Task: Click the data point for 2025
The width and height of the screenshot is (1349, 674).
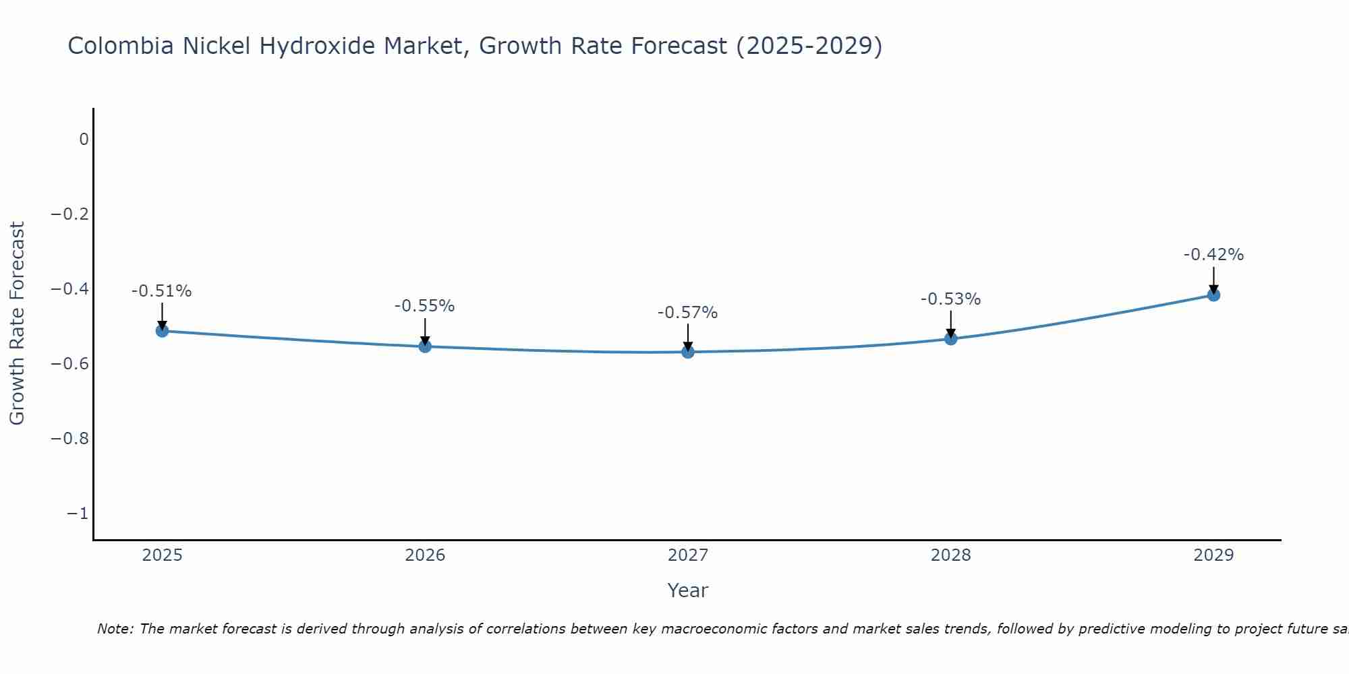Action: tap(162, 331)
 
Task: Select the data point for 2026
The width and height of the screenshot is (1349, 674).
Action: tap(425, 346)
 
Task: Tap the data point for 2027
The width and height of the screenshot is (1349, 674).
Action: tap(688, 352)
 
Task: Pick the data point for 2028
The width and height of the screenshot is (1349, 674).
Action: tap(951, 338)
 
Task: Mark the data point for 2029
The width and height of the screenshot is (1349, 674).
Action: tap(1213, 295)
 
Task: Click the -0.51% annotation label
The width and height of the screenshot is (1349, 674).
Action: tap(162, 291)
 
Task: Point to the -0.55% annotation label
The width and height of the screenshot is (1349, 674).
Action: tap(425, 306)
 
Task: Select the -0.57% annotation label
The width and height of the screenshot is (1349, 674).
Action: tap(688, 313)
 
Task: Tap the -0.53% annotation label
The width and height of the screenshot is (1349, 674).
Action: tap(951, 299)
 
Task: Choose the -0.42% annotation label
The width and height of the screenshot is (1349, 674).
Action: tap(1213, 255)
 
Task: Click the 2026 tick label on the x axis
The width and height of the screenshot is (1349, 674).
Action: tap(425, 555)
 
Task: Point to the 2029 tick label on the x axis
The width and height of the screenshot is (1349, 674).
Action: tap(1213, 555)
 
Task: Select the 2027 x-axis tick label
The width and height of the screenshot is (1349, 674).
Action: tap(688, 555)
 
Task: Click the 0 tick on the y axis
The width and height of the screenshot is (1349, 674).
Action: tap(84, 140)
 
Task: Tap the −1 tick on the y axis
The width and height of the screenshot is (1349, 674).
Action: tap(78, 514)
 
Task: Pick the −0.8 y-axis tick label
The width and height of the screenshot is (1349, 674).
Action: tap(70, 439)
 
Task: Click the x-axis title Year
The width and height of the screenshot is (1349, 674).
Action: tap(688, 590)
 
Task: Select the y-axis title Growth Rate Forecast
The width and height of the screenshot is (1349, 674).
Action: tap(18, 324)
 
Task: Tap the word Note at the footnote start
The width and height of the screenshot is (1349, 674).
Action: tap(114, 630)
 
